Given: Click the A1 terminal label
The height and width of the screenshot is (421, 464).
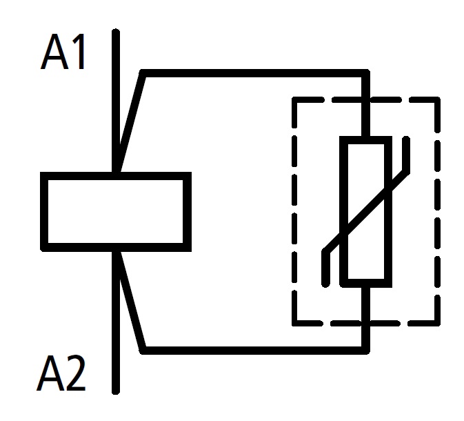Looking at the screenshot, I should [64, 54].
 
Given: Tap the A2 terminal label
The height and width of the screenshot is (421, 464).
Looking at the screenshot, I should [62, 375].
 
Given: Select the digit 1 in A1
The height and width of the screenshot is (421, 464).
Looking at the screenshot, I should [79, 54].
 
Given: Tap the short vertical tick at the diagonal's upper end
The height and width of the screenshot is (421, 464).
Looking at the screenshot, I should [407, 153].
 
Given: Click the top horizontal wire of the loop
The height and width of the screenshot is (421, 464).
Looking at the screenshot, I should [255, 72].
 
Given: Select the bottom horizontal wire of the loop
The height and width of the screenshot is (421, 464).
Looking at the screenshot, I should [255, 349].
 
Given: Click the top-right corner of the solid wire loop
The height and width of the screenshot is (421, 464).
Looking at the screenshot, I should [366, 72].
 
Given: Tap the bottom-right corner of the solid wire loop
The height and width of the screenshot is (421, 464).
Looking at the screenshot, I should [366, 349].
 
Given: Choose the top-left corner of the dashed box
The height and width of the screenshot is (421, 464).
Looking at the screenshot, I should [294, 100].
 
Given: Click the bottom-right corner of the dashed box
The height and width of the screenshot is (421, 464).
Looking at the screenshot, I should [437, 322].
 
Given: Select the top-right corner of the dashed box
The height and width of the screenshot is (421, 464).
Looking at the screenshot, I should [437, 100].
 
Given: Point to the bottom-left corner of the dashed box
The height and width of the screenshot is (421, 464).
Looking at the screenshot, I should [294, 322].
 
